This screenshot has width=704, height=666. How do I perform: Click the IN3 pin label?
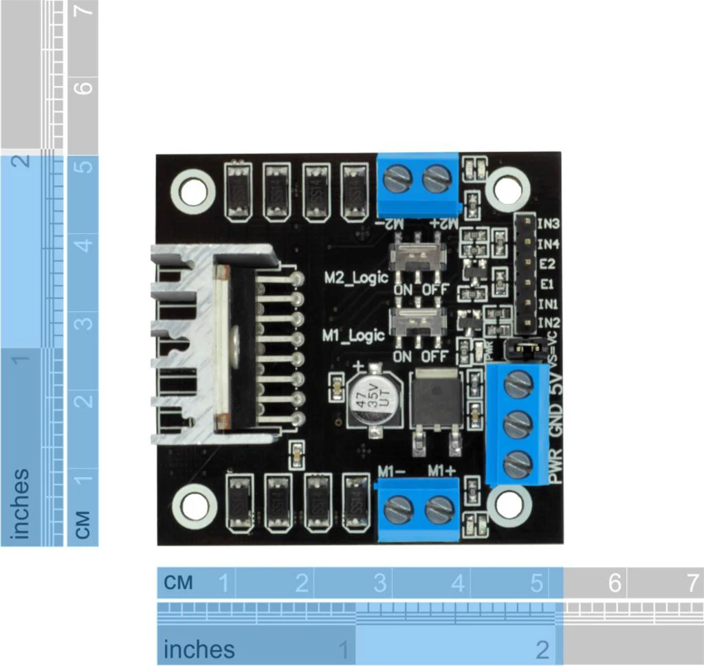(549, 223)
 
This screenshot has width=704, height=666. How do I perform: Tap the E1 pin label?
(547, 283)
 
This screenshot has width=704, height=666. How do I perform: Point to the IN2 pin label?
(549, 322)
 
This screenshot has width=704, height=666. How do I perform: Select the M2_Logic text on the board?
(356, 277)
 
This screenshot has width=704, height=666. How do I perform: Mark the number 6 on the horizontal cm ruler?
(614, 584)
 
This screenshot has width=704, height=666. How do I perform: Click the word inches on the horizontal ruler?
(199, 650)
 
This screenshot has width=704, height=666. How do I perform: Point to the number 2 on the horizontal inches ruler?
(542, 650)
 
